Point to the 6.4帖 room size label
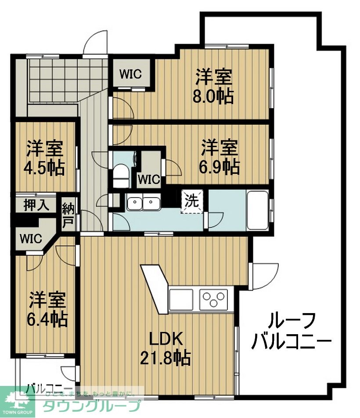pyautogui.click(x=48, y=318)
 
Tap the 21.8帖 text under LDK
pyautogui.click(x=166, y=358)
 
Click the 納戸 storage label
pyautogui.click(x=68, y=215)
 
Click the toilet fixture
pyautogui.click(x=119, y=176)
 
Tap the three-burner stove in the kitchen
pyautogui.click(x=214, y=300)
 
